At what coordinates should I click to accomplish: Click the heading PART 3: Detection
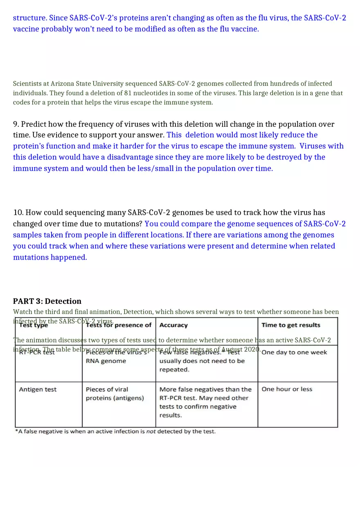pos(47,301)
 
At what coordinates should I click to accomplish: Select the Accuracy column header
pos(173,325)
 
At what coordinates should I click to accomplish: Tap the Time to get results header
pos(291,325)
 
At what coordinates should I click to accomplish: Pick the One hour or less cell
pos(287,389)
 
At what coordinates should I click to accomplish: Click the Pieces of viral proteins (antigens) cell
pos(115,393)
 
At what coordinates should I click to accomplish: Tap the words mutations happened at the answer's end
pos(50,257)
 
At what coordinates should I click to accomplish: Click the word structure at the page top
pos(29,18)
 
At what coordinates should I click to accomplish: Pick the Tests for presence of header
pos(119,325)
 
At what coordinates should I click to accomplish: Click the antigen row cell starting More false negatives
pos(205,402)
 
